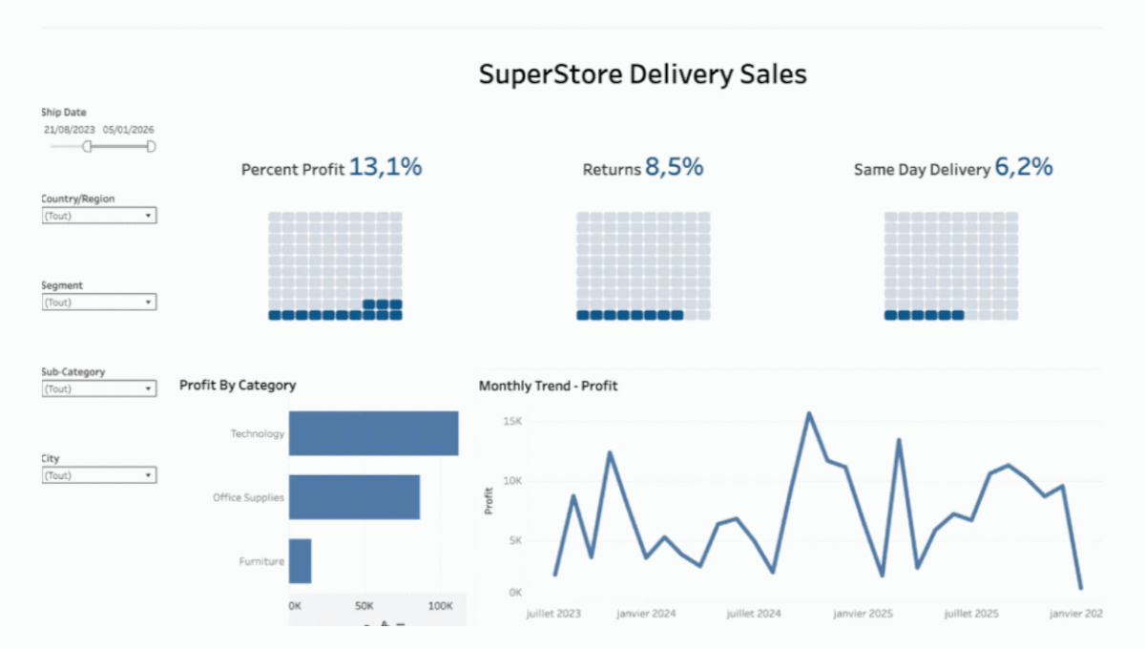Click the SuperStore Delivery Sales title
coord(642,74)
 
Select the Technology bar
coord(374,433)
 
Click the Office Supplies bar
coord(354,497)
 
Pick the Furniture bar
coord(300,561)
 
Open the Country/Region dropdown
coord(99,216)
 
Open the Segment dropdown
coord(99,302)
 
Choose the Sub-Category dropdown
coord(99,388)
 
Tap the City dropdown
coord(99,475)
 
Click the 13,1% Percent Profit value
coord(385,167)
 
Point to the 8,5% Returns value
coord(675,167)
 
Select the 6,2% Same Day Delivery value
coord(1024,167)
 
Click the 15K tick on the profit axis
coord(512,421)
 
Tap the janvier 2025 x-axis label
coord(863,613)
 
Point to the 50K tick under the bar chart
coord(364,606)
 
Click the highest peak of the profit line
coord(809,413)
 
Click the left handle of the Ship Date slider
coord(88,146)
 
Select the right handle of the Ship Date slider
coord(151,146)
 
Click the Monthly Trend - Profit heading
coord(548,386)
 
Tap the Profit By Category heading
coord(238,385)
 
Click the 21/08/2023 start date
coord(69,130)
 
